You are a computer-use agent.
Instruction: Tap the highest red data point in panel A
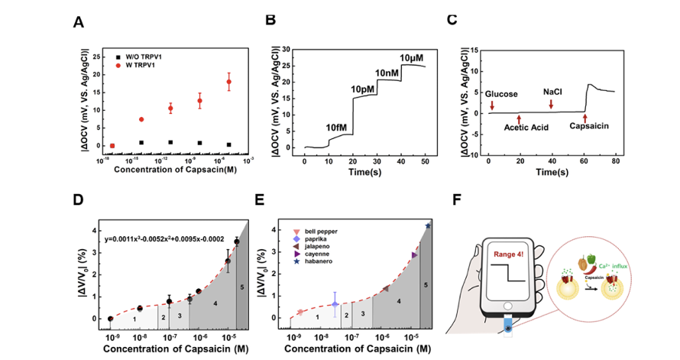[x=228, y=82]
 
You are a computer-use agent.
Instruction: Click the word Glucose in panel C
[x=502, y=93]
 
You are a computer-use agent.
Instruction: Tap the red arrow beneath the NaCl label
[x=551, y=104]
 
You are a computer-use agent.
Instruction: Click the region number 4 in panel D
[x=215, y=304]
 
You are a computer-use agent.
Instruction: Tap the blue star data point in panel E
[x=428, y=225]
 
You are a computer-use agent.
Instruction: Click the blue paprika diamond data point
[x=335, y=304]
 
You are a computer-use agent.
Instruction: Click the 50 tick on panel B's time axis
[x=425, y=163]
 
